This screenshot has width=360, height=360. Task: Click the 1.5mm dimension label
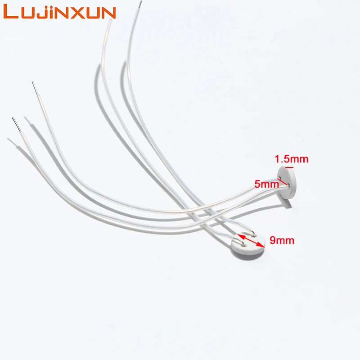292,159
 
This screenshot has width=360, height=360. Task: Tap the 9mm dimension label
282,240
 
